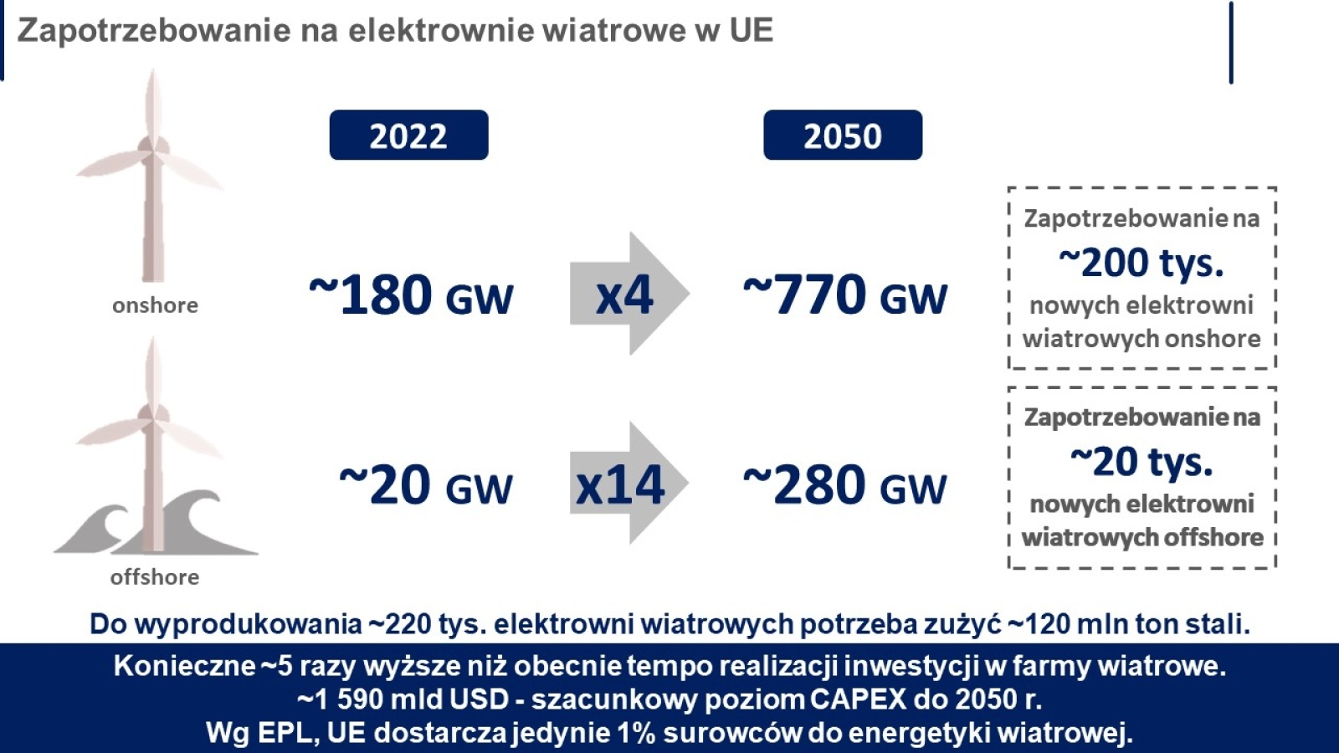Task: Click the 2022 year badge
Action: [409, 135]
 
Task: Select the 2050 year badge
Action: [843, 135]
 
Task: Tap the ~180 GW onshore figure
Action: [411, 294]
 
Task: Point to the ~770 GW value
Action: [845, 294]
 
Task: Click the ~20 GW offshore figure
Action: [426, 484]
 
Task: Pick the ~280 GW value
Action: [845, 484]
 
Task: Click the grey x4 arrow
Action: [629, 294]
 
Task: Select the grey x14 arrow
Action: [628, 483]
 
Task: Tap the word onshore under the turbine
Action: [155, 305]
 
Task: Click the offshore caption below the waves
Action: [155, 577]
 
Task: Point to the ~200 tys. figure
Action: [1141, 263]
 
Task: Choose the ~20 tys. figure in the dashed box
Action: [1141, 462]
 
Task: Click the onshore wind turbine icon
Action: [151, 176]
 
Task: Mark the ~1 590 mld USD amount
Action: [403, 699]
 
